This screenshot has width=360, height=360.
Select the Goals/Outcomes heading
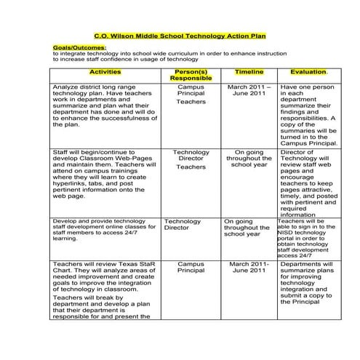coord(80,47)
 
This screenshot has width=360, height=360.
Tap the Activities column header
coord(105,73)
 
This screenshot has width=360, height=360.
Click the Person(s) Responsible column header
coord(191,76)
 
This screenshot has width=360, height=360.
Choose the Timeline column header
coord(249,73)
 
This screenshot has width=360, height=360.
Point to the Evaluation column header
coord(308,73)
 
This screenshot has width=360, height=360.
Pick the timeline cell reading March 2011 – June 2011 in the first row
coord(249,89)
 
